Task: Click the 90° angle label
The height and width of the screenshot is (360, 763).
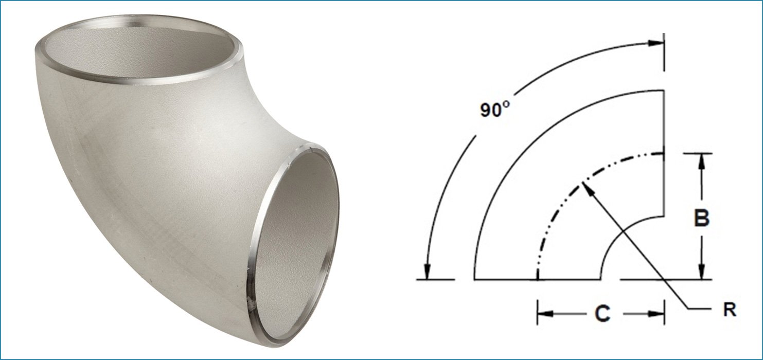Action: (494, 110)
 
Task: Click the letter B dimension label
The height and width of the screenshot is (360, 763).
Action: (701, 218)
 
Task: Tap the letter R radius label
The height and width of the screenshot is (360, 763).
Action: (729, 310)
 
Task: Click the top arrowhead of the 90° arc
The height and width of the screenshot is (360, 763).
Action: (655, 43)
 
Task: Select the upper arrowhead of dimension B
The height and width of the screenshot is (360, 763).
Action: (701, 160)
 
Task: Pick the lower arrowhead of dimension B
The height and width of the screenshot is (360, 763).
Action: (701, 273)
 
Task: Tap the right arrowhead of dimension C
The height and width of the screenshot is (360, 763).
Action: (656, 314)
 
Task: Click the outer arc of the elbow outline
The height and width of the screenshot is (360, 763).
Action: (514, 154)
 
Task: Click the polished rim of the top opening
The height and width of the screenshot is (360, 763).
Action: (139, 82)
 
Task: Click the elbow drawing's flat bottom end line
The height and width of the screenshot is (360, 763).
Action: (504, 280)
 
